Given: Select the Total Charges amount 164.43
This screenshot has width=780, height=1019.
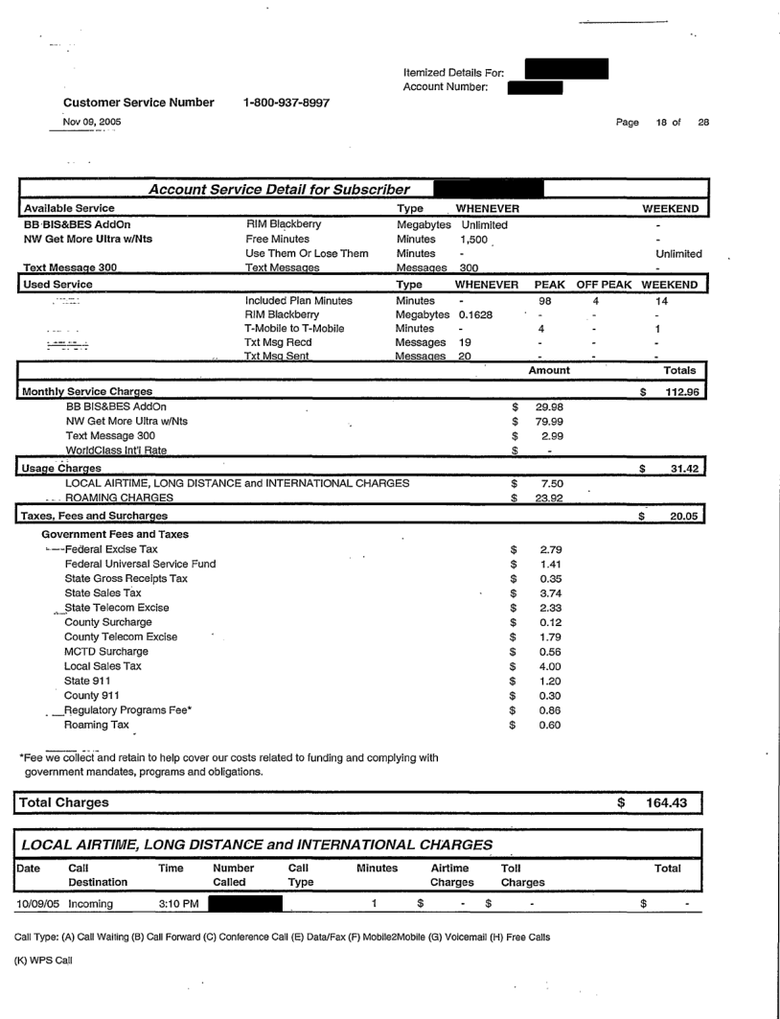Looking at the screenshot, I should click(x=675, y=800).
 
